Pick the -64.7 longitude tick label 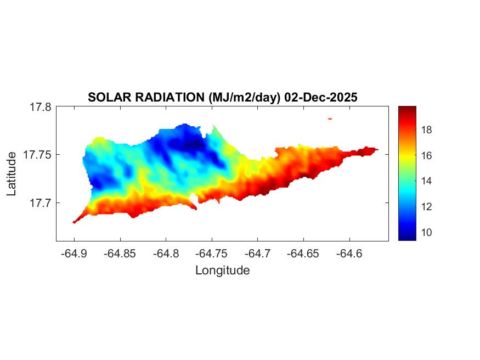coord(258,254)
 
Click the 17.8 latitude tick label coord(41,107)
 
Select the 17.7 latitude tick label coord(41,203)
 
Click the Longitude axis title coord(222,271)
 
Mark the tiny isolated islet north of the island coord(330,118)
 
